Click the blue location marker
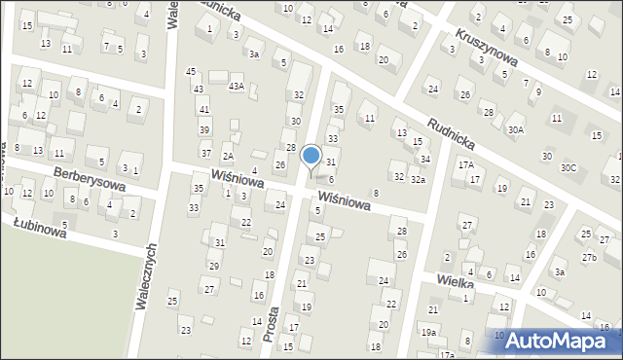pos(311,156)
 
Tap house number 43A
pos(236,87)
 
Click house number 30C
pos(568,168)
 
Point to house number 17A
pos(466,165)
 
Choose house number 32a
pos(418,179)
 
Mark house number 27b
pos(589,257)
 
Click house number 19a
pos(428,332)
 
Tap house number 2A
pos(227,157)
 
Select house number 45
pos(191,72)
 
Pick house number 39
pos(204,129)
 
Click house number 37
pos(205,153)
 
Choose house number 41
pos(204,110)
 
